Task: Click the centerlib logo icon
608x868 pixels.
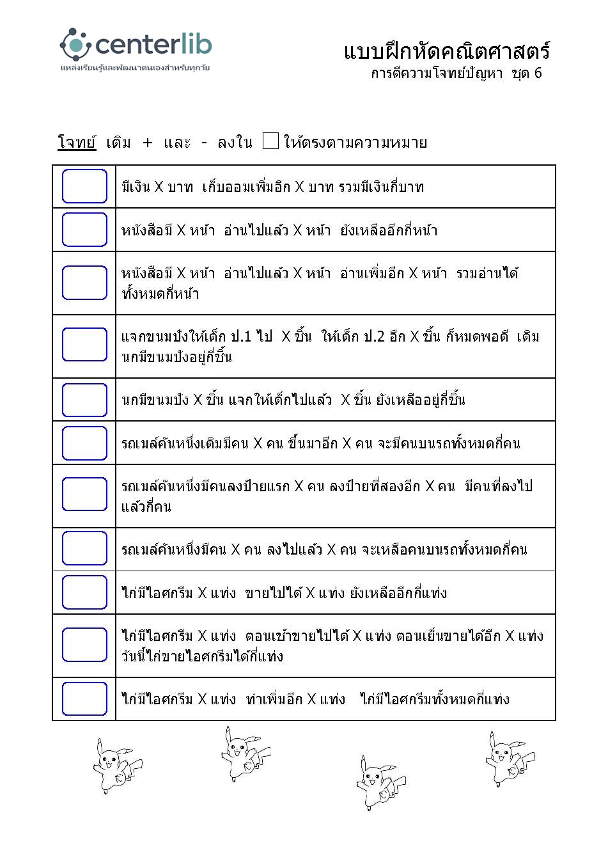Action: click(75, 44)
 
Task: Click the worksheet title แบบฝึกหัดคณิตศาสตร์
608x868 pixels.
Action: click(446, 51)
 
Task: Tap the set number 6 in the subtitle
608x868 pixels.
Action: click(538, 73)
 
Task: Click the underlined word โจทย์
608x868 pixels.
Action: click(76, 142)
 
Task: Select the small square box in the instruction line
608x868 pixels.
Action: click(270, 141)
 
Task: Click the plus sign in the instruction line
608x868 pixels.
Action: click(148, 143)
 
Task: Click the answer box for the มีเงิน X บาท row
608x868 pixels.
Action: click(84, 186)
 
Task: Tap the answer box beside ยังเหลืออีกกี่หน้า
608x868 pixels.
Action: click(84, 230)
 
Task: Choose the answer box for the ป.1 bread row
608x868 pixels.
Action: click(84, 344)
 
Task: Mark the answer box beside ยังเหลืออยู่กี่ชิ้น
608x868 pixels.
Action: click(84, 400)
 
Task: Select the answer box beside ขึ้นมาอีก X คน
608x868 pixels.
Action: click(84, 443)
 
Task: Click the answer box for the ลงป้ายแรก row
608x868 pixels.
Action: click(84, 494)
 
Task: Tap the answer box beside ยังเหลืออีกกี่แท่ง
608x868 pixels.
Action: click(84, 592)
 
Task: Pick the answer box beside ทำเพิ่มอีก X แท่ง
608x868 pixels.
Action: click(84, 698)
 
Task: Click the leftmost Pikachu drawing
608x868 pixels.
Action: click(116, 765)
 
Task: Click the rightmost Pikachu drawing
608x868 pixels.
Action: click(508, 759)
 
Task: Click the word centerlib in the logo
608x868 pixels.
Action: click(153, 44)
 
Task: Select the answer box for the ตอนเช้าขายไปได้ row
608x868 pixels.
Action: click(84, 645)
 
